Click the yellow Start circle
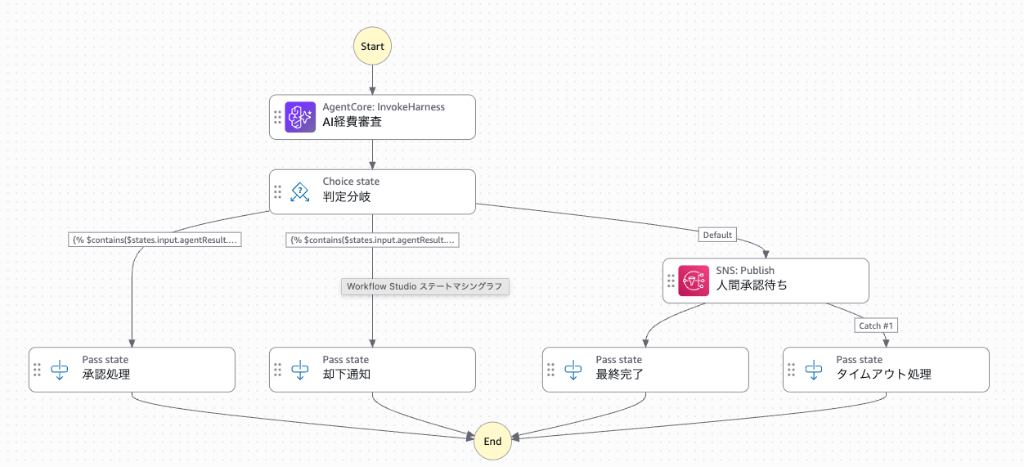[372, 46]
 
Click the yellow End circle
[492, 441]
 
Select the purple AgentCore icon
[300, 117]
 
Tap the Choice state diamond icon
[300, 192]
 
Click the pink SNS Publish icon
[694, 281]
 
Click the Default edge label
[717, 235]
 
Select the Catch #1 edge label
[876, 326]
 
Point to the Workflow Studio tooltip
[424, 286]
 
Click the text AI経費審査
[352, 122]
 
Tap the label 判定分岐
[347, 197]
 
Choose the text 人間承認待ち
[752, 285]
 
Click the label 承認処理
[106, 375]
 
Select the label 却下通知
[347, 375]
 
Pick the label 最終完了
[619, 375]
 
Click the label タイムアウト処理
[883, 375]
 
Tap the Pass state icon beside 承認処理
[60, 370]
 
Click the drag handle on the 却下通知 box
[277, 370]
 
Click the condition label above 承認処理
[155, 240]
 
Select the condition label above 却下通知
[373, 240]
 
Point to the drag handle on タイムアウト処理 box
[792, 370]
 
